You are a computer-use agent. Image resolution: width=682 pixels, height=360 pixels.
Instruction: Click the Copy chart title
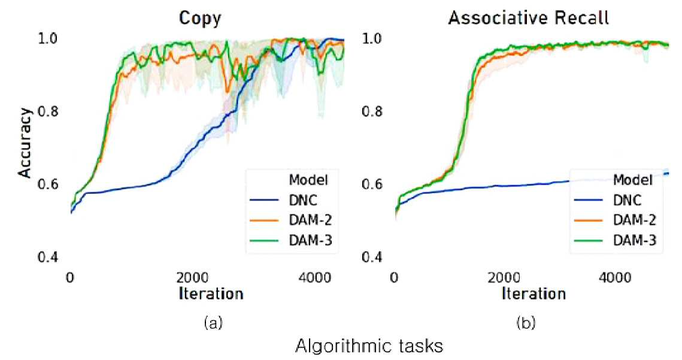(200, 19)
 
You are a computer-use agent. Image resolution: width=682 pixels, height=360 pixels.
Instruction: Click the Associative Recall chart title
(529, 18)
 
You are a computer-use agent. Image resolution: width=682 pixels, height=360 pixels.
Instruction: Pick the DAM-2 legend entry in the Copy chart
(291, 220)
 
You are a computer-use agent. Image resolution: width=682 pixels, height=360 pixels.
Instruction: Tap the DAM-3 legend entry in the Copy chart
(291, 240)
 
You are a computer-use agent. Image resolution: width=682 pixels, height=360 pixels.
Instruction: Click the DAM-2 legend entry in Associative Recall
(615, 220)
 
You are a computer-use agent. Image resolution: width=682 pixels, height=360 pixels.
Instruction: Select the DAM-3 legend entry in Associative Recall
(615, 240)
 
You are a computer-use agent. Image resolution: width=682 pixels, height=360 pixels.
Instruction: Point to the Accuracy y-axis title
(25, 143)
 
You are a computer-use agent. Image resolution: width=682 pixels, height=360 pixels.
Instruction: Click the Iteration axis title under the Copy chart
(211, 294)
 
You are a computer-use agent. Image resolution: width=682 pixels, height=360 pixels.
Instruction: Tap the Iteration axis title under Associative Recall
(534, 294)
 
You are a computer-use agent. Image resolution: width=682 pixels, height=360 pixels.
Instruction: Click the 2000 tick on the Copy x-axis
(193, 277)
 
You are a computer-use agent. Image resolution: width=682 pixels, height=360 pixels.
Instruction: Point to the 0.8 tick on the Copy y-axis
(48, 111)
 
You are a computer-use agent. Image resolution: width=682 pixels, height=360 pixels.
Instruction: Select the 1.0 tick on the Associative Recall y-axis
(372, 38)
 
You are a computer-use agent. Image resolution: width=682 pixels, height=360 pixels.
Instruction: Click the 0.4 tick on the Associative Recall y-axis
(372, 257)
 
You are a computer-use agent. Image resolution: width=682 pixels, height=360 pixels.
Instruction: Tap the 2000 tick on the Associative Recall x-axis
(504, 277)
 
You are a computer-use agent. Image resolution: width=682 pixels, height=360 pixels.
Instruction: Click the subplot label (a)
(213, 323)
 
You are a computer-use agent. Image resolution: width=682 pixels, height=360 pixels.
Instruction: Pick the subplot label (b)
(526, 323)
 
